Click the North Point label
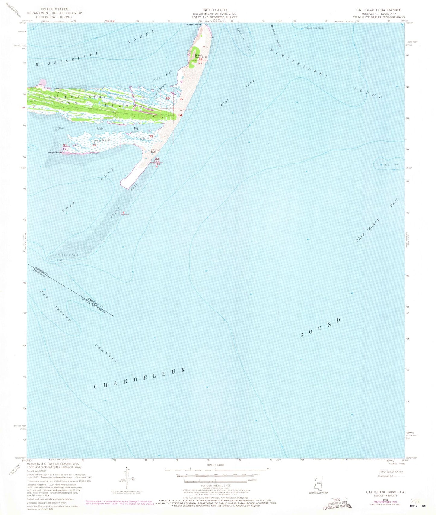click(193, 25)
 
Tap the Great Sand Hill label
click(201, 56)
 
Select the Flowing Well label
click(156, 151)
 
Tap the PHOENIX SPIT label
click(68, 255)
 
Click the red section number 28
click(167, 98)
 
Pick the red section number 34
click(180, 115)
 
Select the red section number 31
click(65, 146)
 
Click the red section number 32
click(94, 145)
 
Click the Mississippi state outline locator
click(318, 481)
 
